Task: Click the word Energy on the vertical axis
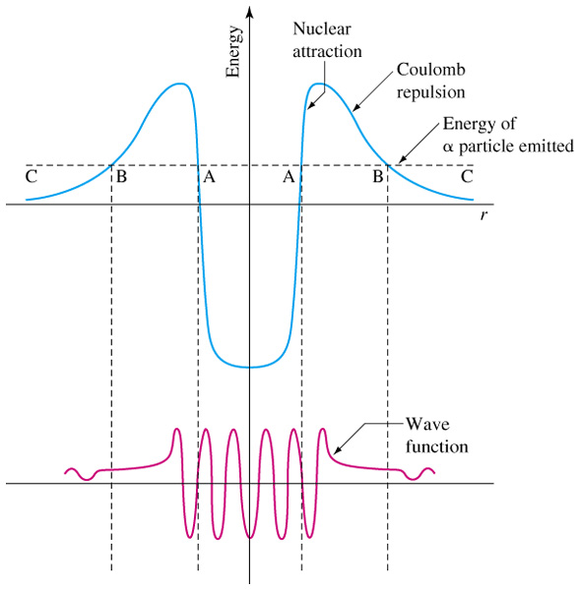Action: [233, 52]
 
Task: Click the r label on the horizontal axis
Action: [483, 215]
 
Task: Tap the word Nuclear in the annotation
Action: [322, 29]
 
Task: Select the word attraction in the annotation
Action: [327, 52]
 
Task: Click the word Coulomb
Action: [431, 70]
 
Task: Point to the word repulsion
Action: [430, 92]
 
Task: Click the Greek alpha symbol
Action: [448, 147]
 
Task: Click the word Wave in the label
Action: [427, 425]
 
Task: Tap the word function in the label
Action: [437, 447]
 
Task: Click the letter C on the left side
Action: [32, 177]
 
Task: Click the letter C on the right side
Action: [467, 176]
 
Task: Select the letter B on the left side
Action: [121, 176]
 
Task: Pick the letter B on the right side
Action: [378, 176]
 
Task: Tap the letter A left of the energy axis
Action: [209, 176]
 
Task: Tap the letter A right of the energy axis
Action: [289, 176]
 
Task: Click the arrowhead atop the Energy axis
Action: [249, 11]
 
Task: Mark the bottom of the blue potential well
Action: [249, 367]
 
